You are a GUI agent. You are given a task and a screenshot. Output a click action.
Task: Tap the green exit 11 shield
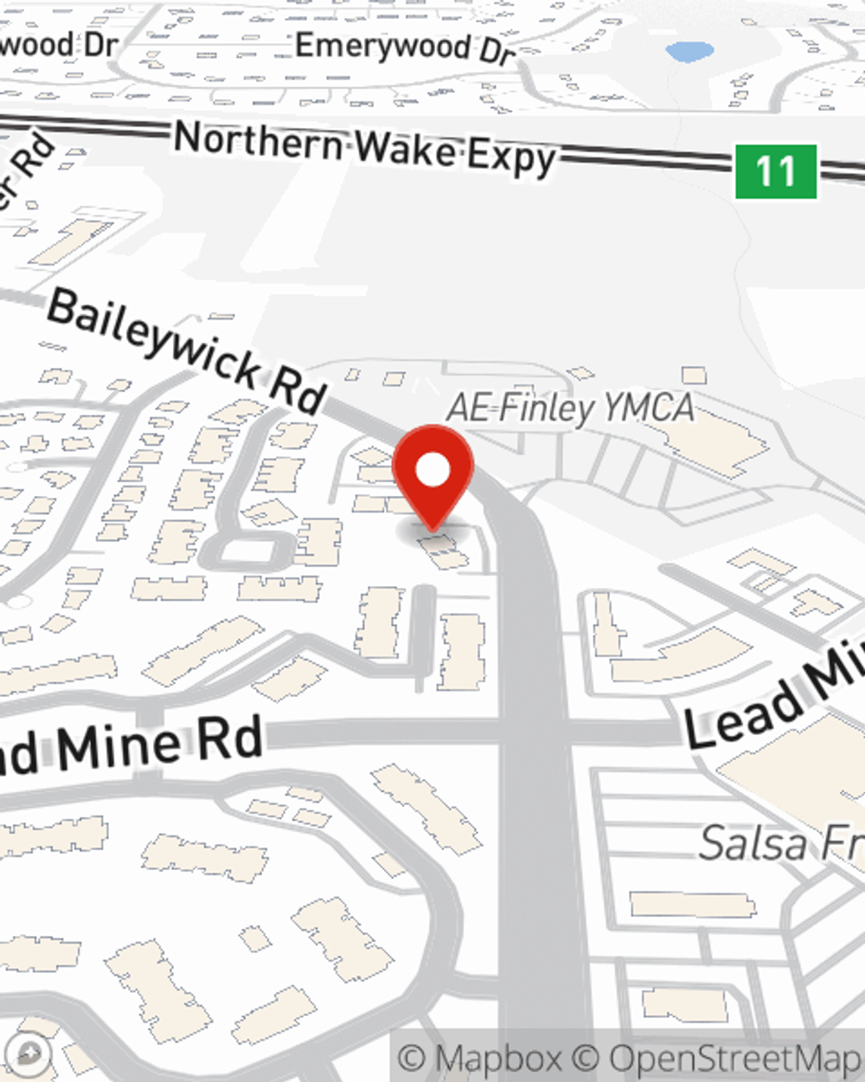coord(776,171)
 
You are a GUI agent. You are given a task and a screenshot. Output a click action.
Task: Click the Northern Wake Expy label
coord(364,149)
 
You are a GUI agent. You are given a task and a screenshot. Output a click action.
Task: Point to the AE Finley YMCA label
coord(570,408)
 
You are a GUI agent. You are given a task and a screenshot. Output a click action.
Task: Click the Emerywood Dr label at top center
coord(405,48)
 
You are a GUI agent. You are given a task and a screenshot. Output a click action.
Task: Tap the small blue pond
coord(689,51)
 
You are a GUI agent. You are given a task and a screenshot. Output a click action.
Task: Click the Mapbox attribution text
coord(480,1059)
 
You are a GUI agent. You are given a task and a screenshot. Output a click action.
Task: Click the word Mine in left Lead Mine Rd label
coord(120,746)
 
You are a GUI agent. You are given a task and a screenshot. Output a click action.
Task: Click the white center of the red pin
coord(433,471)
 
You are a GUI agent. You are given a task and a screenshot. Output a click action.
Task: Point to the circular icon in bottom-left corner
coord(29,1053)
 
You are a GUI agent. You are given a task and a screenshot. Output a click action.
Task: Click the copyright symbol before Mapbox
coord(413,1059)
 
